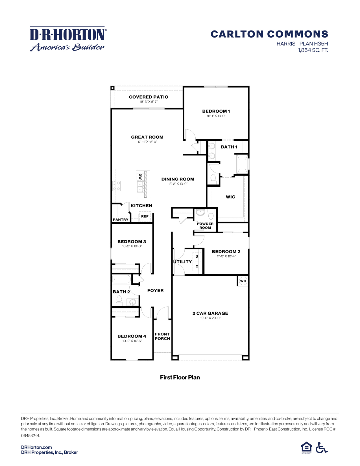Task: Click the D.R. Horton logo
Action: (68, 39)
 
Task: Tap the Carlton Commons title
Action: (269, 34)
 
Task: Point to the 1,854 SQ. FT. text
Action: (313, 50)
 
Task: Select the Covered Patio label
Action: (148, 97)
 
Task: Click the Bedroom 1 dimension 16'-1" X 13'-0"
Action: (216, 116)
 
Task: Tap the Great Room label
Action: (147, 137)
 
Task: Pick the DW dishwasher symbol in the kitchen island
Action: (140, 177)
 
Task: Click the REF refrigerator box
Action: (145, 216)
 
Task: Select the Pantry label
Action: (121, 220)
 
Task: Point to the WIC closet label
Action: (230, 197)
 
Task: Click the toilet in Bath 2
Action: (119, 300)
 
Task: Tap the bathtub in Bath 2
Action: (121, 279)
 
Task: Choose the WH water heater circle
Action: (243, 281)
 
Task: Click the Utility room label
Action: (182, 262)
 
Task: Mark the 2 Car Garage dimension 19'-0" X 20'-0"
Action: (210, 318)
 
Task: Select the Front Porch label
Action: (162, 336)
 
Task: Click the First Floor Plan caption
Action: (180, 377)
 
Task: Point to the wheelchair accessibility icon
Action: (321, 448)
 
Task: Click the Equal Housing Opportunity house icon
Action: (306, 448)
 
